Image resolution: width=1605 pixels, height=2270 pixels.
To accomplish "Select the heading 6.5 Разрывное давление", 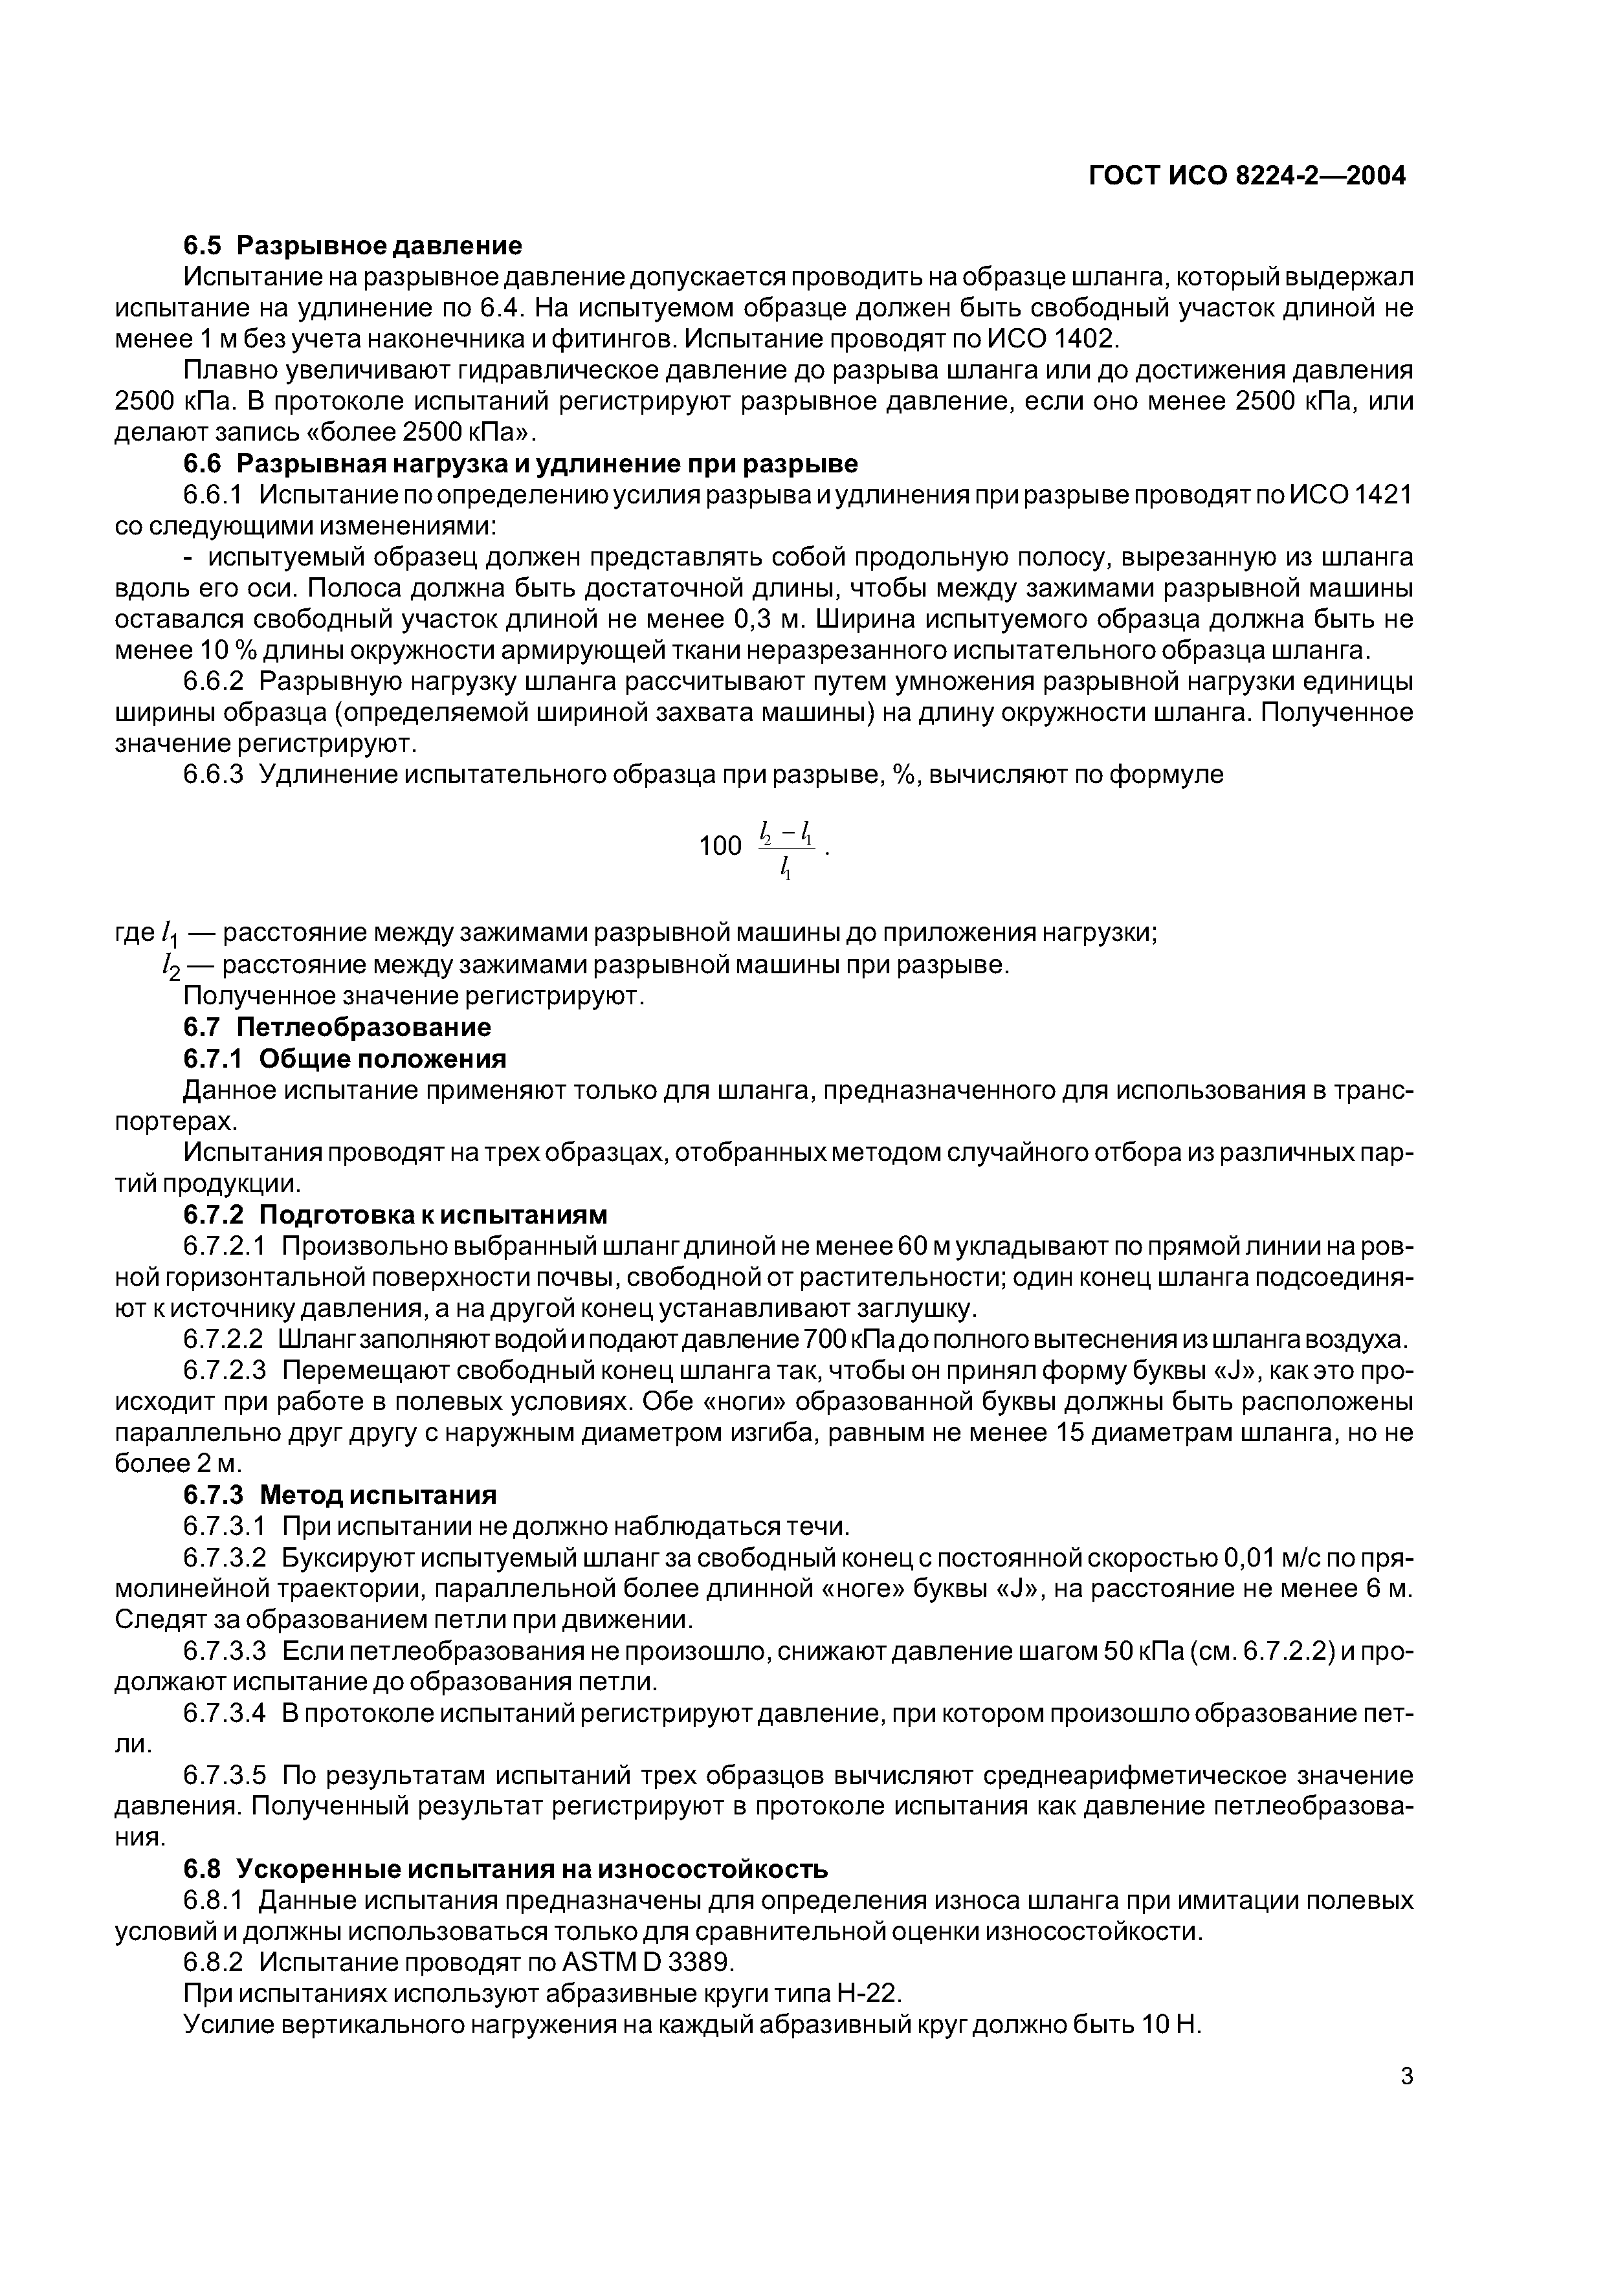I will (353, 244).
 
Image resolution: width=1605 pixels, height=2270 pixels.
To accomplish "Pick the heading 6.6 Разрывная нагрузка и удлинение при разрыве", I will (521, 464).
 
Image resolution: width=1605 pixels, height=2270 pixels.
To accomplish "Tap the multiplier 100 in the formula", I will (720, 845).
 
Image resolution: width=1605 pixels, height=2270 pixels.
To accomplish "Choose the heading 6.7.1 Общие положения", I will (345, 1059).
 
